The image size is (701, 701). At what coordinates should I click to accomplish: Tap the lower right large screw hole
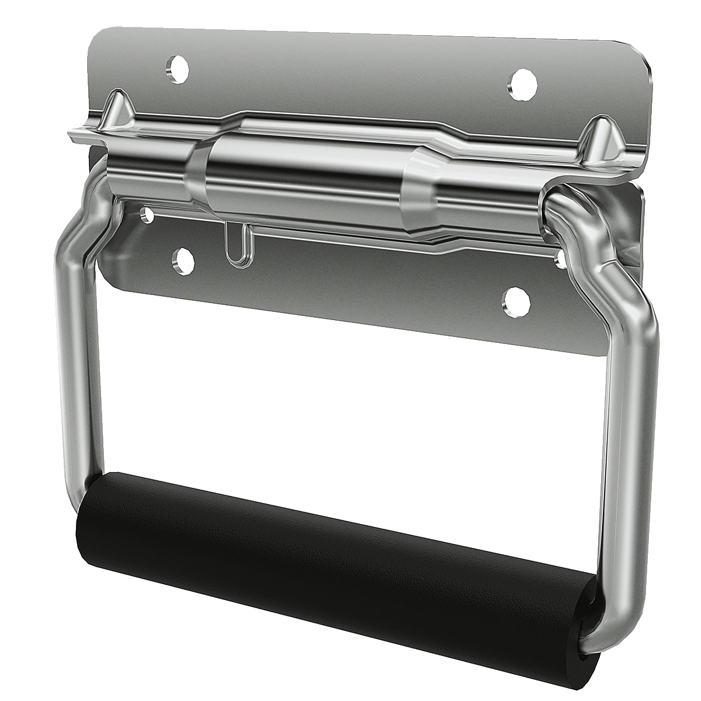(x=516, y=301)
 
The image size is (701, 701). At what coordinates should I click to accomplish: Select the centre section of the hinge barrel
(x=304, y=175)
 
